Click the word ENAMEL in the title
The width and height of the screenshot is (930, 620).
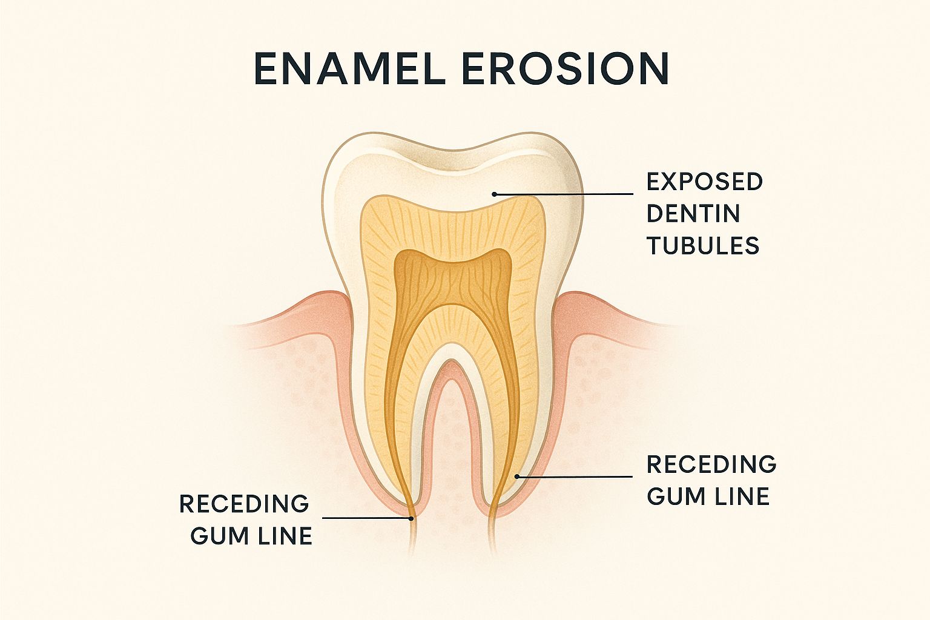click(348, 68)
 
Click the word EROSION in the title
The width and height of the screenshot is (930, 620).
click(565, 68)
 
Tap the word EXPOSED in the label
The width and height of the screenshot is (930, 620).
click(705, 182)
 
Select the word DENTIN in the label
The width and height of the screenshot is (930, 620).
click(693, 214)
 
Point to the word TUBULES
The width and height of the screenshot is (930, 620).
click(704, 245)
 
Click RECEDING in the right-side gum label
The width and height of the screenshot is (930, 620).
click(711, 464)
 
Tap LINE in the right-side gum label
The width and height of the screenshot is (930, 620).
click(740, 496)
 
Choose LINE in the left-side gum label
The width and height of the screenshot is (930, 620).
click(283, 536)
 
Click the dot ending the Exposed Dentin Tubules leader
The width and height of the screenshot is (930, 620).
click(494, 194)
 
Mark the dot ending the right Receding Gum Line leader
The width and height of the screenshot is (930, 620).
click(517, 477)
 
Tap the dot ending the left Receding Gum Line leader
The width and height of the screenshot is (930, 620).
click(411, 518)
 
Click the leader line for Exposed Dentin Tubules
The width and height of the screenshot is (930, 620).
click(564, 194)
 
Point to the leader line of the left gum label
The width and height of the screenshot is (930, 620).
click(366, 518)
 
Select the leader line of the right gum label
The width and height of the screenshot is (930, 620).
click(575, 477)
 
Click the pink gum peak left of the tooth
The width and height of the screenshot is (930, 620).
click(332, 295)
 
